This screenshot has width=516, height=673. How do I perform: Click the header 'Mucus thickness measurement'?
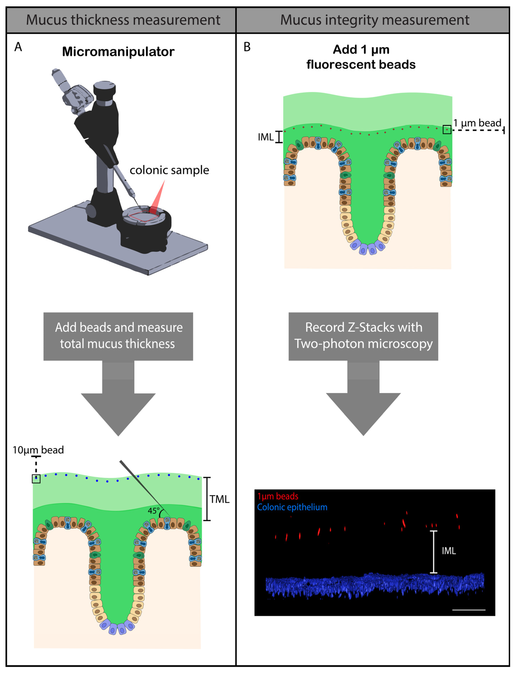pos(123,20)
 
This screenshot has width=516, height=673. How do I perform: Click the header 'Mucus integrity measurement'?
pos(374,20)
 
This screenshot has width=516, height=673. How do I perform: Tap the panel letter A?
pos(18,47)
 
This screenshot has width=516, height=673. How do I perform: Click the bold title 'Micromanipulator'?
pos(118,52)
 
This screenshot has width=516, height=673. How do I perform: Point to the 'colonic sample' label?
pos(169,170)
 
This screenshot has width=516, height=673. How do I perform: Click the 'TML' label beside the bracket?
pos(220,499)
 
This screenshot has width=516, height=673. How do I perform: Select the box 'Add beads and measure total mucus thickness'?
pos(118,336)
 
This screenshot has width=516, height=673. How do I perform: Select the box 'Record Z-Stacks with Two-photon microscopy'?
pos(363,336)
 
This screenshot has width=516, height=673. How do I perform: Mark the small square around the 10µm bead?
pos(36,479)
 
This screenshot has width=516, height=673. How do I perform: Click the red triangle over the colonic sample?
pos(158,197)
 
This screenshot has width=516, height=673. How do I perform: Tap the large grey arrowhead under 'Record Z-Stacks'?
pos(363,412)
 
